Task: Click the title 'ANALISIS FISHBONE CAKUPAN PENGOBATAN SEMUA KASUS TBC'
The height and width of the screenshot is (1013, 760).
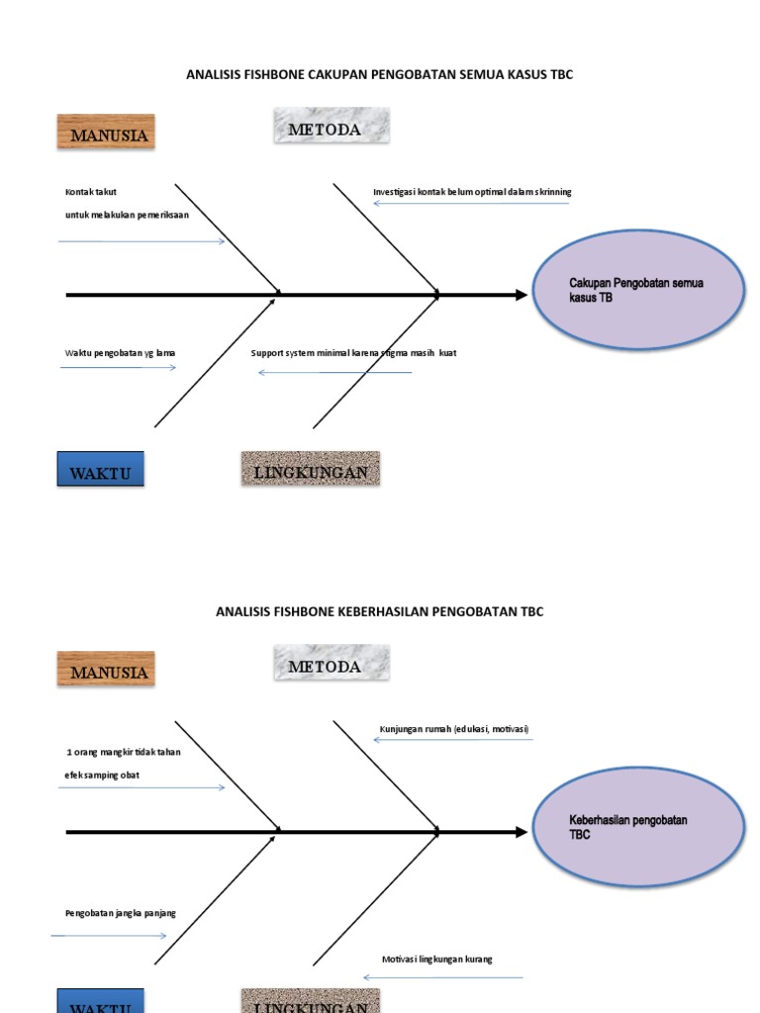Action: pos(380,75)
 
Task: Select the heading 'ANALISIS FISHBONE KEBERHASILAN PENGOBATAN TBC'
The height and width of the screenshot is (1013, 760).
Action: pos(380,611)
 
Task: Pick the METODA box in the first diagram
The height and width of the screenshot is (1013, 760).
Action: pos(331,129)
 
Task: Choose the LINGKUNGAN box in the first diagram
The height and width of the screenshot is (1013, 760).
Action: pos(310,471)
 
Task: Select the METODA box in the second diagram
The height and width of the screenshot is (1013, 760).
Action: pos(331,666)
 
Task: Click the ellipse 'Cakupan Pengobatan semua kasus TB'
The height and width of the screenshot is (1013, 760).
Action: pos(638,290)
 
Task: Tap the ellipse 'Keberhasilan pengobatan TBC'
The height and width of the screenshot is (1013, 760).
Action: pos(638,827)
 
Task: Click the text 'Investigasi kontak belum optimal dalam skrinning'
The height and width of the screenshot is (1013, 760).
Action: pos(472,192)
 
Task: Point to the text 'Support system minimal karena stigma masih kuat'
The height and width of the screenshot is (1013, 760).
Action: pos(353,353)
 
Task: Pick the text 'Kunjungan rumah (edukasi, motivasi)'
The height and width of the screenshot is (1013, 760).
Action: pos(454,729)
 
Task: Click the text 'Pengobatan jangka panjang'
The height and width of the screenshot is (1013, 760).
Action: pos(120,913)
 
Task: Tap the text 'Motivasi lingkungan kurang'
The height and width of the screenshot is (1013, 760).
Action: pos(437,960)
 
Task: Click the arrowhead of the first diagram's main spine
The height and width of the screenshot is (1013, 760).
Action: pos(522,295)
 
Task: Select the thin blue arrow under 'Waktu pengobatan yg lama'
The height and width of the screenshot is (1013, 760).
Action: pos(119,368)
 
